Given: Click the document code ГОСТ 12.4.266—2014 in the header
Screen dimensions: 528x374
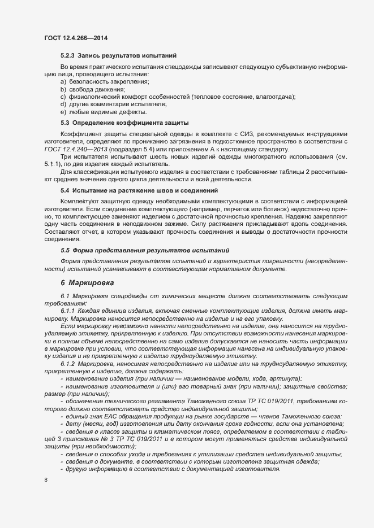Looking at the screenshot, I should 76,38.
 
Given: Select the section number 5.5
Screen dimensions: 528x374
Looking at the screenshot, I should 65,250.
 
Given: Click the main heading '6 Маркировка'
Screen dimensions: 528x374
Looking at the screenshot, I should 87,282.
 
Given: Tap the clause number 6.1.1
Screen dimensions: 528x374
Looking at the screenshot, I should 67,311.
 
